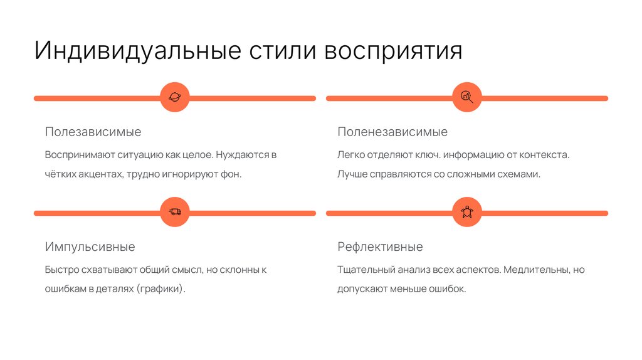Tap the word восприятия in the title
[x=393, y=51]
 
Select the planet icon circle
[x=174, y=98]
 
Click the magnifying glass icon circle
[x=467, y=98]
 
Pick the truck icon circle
[x=174, y=213]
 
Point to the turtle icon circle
[x=467, y=213]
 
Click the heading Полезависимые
[x=93, y=132]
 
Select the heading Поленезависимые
[x=392, y=132]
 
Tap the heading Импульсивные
[x=90, y=246]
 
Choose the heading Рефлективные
[x=380, y=246]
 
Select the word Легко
[x=349, y=154]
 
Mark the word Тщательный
[x=366, y=270]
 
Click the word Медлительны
[x=535, y=270]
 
